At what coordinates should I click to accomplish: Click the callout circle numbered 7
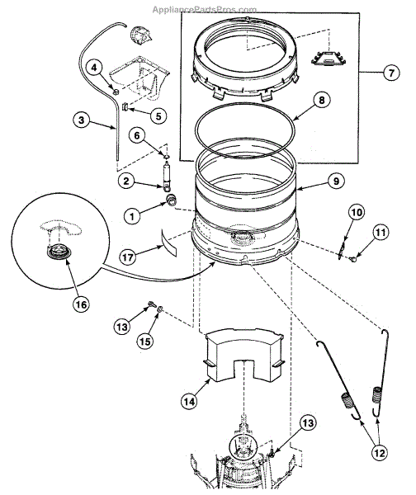click(x=391, y=73)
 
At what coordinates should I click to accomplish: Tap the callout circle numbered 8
click(x=321, y=100)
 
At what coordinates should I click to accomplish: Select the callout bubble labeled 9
click(x=336, y=181)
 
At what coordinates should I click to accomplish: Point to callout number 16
click(x=81, y=304)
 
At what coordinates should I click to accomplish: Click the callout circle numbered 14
click(x=189, y=401)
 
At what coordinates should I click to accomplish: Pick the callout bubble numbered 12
click(x=380, y=453)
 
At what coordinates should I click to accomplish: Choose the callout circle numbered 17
click(x=128, y=257)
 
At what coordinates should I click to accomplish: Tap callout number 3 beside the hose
click(x=81, y=120)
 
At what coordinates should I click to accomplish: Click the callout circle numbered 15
click(x=145, y=341)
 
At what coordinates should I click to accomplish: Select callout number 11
click(x=380, y=233)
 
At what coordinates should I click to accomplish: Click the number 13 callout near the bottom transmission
click(x=308, y=422)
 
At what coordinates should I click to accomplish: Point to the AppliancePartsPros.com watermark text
click(x=205, y=9)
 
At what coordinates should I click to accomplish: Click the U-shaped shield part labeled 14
click(x=243, y=355)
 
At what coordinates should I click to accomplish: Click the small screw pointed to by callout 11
click(x=354, y=259)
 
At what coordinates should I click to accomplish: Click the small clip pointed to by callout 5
click(x=124, y=107)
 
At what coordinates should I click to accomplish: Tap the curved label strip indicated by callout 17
click(x=170, y=243)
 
